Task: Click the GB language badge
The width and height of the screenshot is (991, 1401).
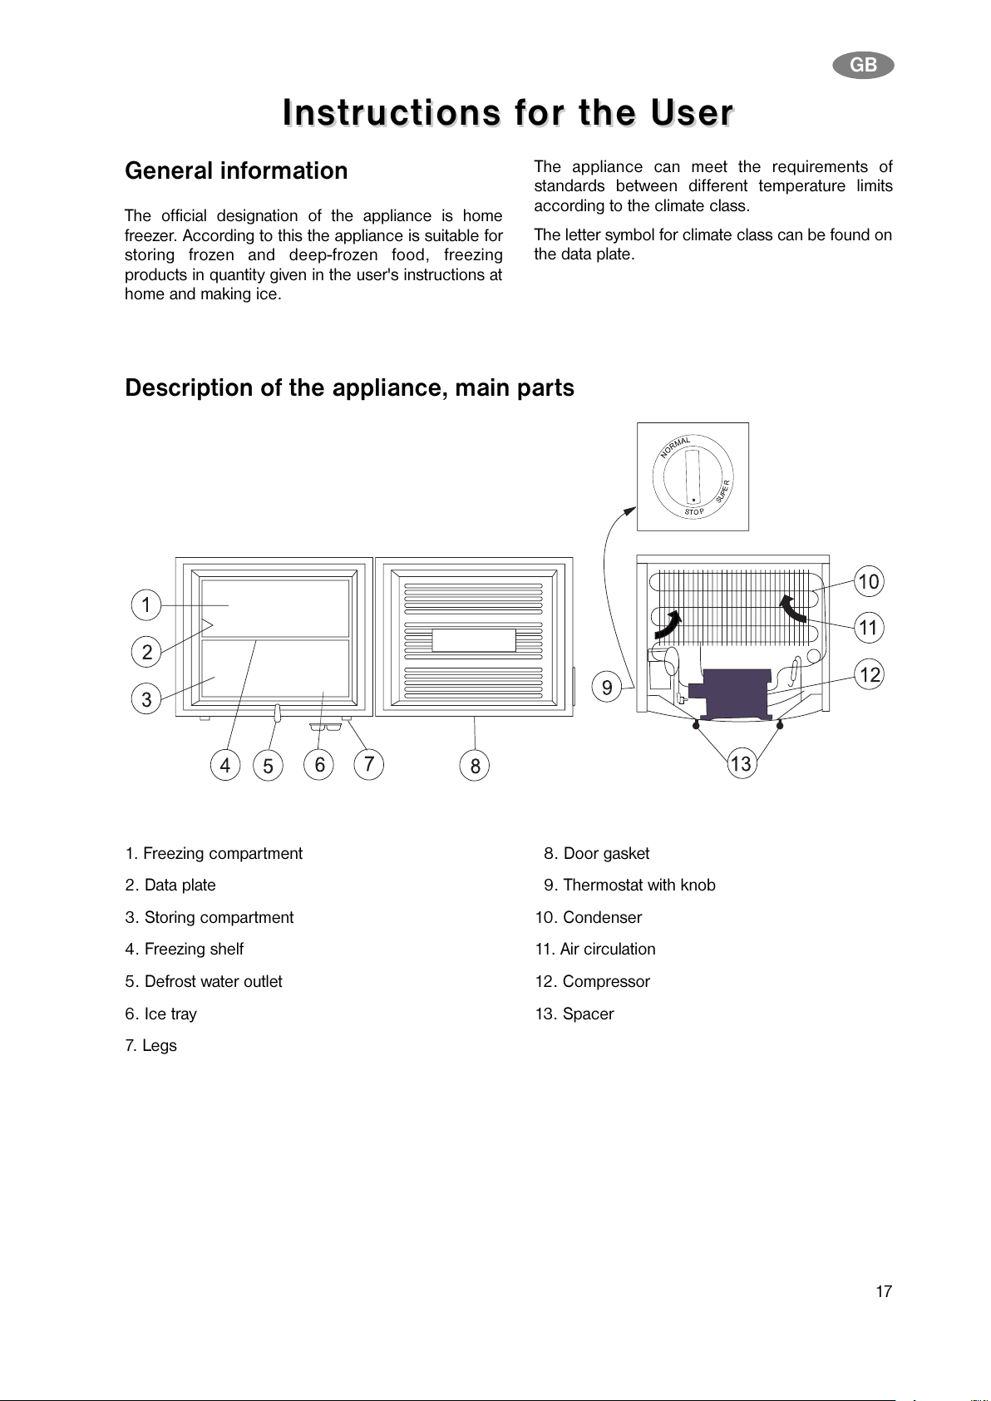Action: (x=863, y=65)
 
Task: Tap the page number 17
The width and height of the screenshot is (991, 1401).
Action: (x=884, y=1291)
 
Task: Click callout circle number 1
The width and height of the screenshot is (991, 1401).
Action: (x=145, y=604)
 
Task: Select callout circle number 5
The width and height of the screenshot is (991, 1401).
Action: (x=268, y=766)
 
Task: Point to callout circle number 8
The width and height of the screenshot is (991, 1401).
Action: (x=475, y=766)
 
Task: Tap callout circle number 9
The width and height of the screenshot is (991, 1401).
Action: (x=606, y=688)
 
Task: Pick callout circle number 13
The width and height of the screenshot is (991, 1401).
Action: (x=741, y=763)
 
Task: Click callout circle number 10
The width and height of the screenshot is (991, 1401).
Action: (x=869, y=582)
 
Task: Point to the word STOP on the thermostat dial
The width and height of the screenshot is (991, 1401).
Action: (x=694, y=511)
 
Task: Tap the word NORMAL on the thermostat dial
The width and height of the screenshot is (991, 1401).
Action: (x=674, y=446)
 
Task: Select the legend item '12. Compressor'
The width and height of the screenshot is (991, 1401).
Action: (x=592, y=981)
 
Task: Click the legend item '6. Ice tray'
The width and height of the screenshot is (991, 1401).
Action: (x=160, y=1014)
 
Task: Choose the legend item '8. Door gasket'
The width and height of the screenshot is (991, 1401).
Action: (x=596, y=853)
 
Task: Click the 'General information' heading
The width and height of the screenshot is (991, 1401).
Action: (x=236, y=170)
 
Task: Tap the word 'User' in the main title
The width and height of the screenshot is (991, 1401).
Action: (x=692, y=112)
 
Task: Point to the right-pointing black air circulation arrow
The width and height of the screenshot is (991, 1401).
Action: (x=668, y=625)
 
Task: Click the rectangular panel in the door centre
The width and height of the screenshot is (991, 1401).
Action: (x=474, y=640)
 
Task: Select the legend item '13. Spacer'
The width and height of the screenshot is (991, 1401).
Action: (x=574, y=1014)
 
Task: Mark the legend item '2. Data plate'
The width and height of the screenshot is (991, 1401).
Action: (x=170, y=885)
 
